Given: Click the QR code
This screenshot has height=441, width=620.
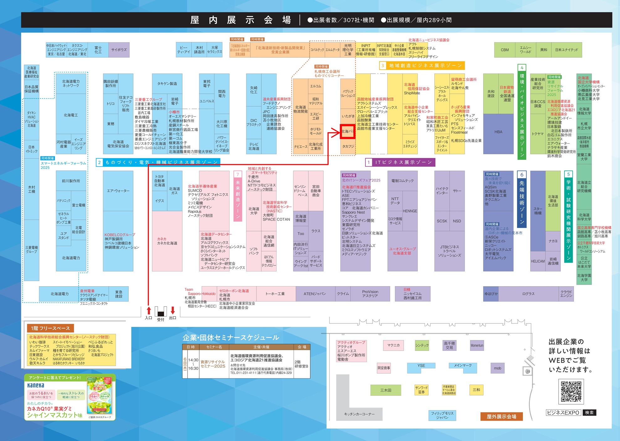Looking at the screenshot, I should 571,391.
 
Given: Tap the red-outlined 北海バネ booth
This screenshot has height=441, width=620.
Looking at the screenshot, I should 348,132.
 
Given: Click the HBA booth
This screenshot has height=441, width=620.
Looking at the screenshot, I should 498,132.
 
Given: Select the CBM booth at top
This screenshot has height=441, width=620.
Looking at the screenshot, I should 504,50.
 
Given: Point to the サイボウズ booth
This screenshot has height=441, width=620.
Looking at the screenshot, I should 119,50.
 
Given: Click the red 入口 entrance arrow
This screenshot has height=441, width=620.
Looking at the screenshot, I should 149,311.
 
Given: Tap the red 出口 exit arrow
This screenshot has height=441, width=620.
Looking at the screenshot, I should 173,311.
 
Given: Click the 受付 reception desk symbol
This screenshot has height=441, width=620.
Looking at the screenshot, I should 161,312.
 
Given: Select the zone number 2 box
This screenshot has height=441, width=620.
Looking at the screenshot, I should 99,162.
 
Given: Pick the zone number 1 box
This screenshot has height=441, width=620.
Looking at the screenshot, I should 369,162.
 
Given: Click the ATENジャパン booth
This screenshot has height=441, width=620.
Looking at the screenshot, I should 315,294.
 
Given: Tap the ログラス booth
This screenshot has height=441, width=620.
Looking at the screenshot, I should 528,294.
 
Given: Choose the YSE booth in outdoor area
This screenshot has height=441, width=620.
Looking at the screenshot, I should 421,366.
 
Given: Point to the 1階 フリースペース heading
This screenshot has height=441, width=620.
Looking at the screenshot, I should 50,328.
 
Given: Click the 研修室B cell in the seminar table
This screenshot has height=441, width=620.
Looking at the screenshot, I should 301,364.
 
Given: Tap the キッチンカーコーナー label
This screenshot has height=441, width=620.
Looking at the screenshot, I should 359,414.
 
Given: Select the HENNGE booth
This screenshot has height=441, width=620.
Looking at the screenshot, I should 410,211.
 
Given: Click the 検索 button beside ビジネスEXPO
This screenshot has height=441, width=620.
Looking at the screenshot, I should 589,412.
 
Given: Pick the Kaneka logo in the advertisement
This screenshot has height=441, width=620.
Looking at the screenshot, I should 36,385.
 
